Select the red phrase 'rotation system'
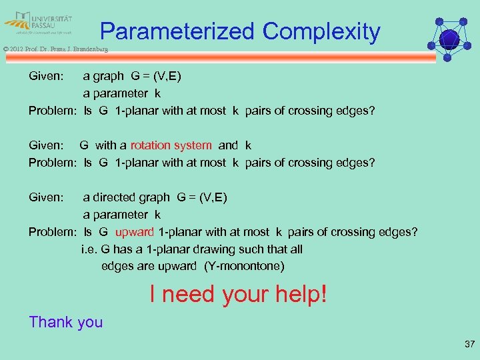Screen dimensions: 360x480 (x=171, y=145)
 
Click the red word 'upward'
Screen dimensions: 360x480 (x=135, y=232)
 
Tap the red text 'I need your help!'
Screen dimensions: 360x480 (x=239, y=293)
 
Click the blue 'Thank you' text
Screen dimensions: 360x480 (x=66, y=322)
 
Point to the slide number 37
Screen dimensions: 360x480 (x=468, y=345)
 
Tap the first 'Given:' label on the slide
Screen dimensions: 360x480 (x=46, y=76)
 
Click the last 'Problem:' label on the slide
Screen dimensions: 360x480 (x=53, y=232)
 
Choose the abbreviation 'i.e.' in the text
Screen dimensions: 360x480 (x=89, y=249)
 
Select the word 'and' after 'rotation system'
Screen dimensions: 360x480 (x=228, y=145)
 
